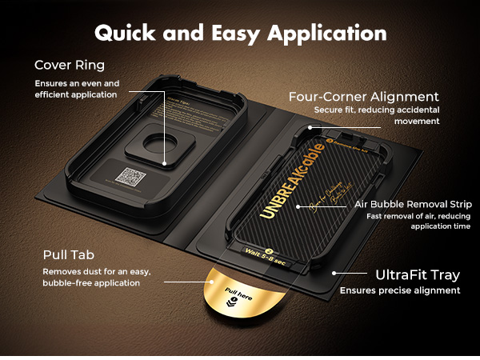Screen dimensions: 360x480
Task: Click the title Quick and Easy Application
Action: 240,34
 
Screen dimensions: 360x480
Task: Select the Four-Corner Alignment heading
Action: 364,97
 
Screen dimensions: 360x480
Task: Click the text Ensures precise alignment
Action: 400,290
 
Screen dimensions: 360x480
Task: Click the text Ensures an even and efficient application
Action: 76,89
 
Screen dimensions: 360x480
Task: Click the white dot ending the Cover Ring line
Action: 166,164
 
